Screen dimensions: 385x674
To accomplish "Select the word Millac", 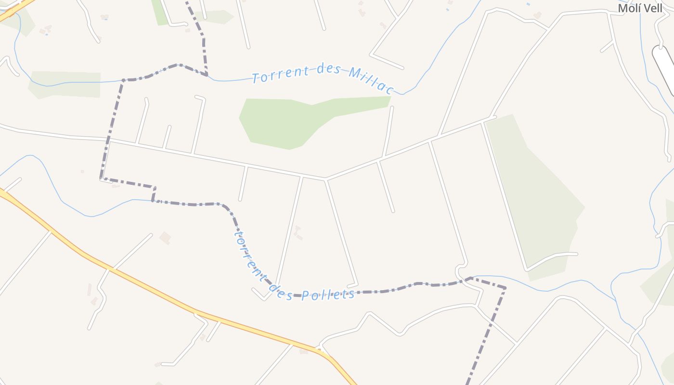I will (371, 80).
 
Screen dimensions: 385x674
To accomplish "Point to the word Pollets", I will (328, 295).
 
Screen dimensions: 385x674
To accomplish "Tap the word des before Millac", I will (329, 70).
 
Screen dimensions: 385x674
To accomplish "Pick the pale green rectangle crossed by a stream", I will (65, 84).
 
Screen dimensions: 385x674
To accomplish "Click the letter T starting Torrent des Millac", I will (256, 78).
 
